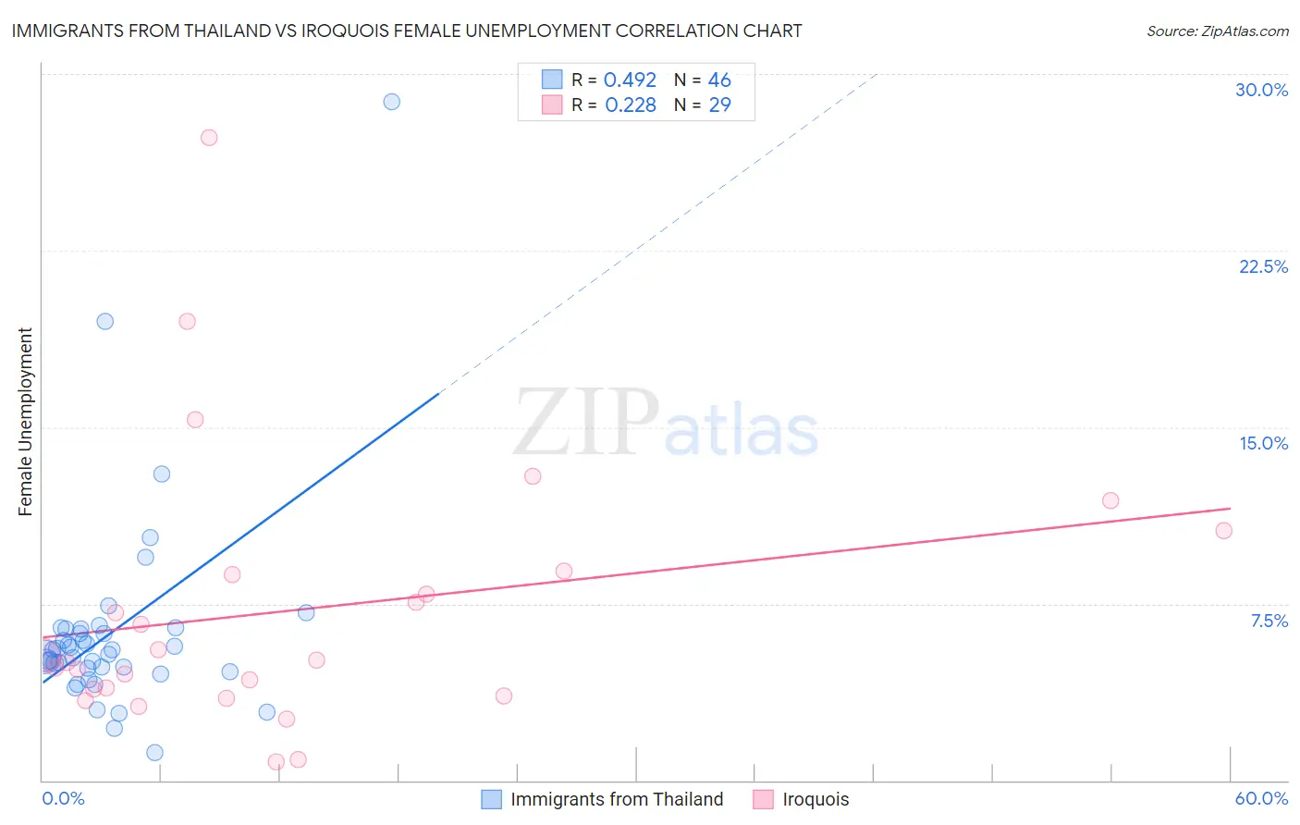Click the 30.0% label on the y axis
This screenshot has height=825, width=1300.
coord(1261,90)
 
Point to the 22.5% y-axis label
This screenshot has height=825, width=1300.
coord(1263,266)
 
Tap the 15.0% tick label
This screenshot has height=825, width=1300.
coord(1263,443)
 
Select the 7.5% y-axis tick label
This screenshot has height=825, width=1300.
coord(1269,621)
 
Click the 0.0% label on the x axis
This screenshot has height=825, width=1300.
coord(63,798)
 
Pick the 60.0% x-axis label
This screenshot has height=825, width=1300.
coord(1261,798)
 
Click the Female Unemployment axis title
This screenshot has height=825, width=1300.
coord(25,422)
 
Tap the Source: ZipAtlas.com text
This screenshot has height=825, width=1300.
coord(1217,31)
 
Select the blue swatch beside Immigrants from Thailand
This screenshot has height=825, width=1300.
coord(492,799)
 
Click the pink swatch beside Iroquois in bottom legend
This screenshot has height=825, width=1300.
coord(763,799)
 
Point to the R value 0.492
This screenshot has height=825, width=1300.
coord(630,80)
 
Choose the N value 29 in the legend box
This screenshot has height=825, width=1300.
coord(719,105)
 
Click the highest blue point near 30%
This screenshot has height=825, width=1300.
coord(392,102)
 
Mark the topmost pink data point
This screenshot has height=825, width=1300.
coord(209,138)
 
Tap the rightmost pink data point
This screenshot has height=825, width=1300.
coord(1223,531)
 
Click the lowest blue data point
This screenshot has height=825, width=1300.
coord(155,753)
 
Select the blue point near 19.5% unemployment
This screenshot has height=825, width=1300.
coord(105,322)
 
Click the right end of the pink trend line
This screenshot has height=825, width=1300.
coord(1230,509)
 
